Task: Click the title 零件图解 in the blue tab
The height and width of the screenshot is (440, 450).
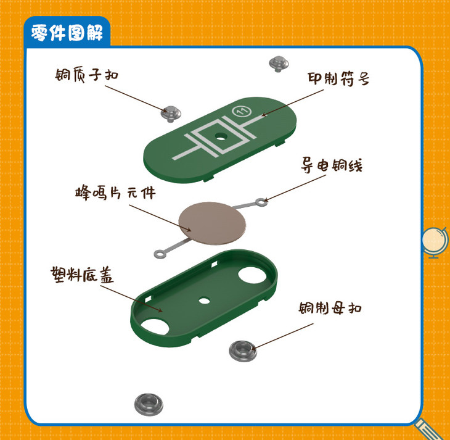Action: tap(67, 33)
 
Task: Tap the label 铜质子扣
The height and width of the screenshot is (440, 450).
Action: tap(87, 75)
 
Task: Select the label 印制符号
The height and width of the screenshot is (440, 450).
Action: tap(338, 79)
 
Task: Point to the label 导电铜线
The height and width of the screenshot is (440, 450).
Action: tap(332, 165)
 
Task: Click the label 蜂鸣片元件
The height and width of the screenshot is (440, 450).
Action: tap(115, 193)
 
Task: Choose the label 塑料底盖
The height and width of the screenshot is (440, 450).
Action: tap(83, 275)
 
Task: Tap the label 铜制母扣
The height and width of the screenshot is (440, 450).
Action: tap(330, 308)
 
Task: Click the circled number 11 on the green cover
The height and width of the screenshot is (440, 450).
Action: tap(242, 110)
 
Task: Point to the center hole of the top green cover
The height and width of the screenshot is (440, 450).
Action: tap(221, 136)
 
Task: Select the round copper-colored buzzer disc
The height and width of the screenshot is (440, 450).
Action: tap(212, 223)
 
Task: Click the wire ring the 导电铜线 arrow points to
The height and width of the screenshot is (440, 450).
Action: tap(261, 202)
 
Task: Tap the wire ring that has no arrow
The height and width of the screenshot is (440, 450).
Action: tap(160, 254)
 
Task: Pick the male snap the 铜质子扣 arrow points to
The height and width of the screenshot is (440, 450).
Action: tap(171, 114)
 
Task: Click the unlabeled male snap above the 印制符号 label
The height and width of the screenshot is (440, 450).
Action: tap(279, 64)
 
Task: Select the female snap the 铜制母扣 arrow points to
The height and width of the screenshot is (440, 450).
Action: tap(243, 351)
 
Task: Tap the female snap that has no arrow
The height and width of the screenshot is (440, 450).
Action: tap(149, 404)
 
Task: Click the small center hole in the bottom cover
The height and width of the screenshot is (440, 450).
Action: tap(204, 301)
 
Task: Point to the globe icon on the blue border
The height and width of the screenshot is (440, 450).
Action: tap(435, 242)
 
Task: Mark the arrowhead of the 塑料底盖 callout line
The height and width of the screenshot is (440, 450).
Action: tap(160, 310)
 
